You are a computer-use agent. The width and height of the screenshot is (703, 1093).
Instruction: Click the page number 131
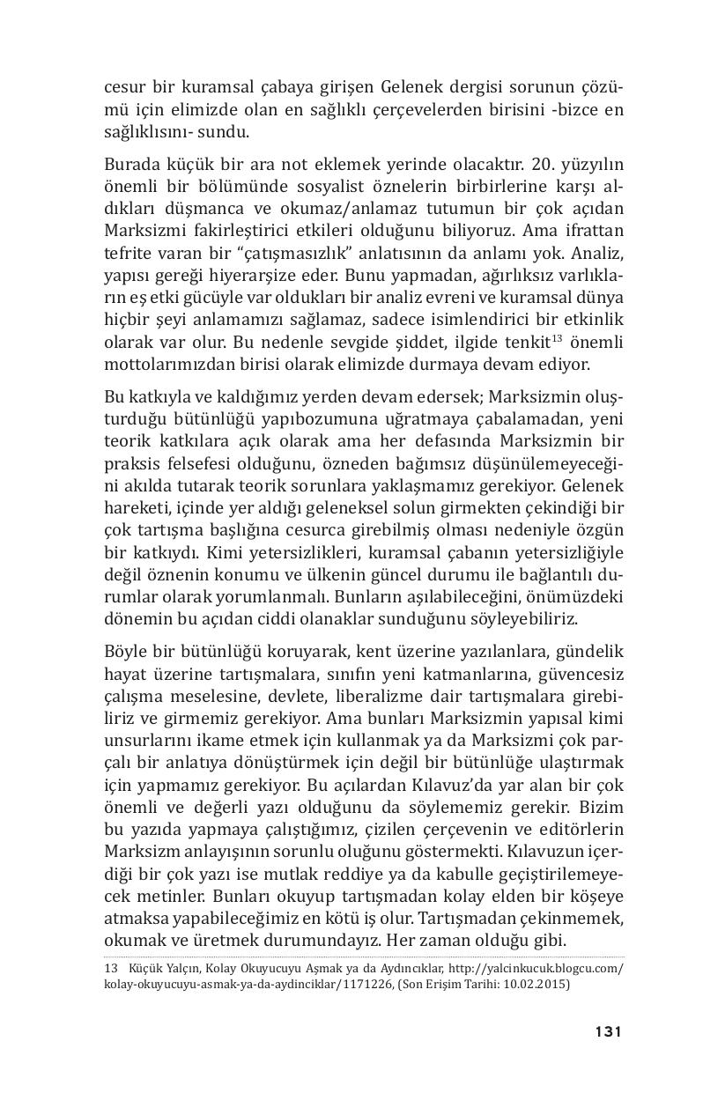tap(608, 1031)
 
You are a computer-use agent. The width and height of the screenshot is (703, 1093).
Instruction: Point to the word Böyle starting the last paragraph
tap(128, 652)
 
